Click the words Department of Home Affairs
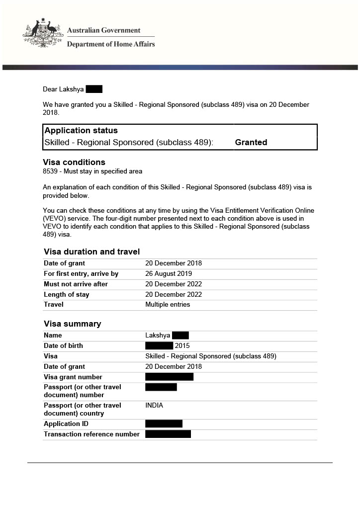point(111,44)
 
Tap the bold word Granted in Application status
point(251,142)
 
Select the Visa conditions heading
point(74,162)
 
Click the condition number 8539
point(51,171)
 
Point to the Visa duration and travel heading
point(91,252)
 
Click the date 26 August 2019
point(169,274)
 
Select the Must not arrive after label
point(76,284)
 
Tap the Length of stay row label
point(67,295)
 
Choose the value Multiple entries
point(168,305)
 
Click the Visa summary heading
point(72,324)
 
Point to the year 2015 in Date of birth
point(182,346)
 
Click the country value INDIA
point(154,406)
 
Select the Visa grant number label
point(73,377)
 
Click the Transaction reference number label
point(91,434)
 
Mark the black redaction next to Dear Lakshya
point(94,89)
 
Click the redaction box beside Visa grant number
point(169,377)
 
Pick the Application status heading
point(81,131)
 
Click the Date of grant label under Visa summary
point(64,367)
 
